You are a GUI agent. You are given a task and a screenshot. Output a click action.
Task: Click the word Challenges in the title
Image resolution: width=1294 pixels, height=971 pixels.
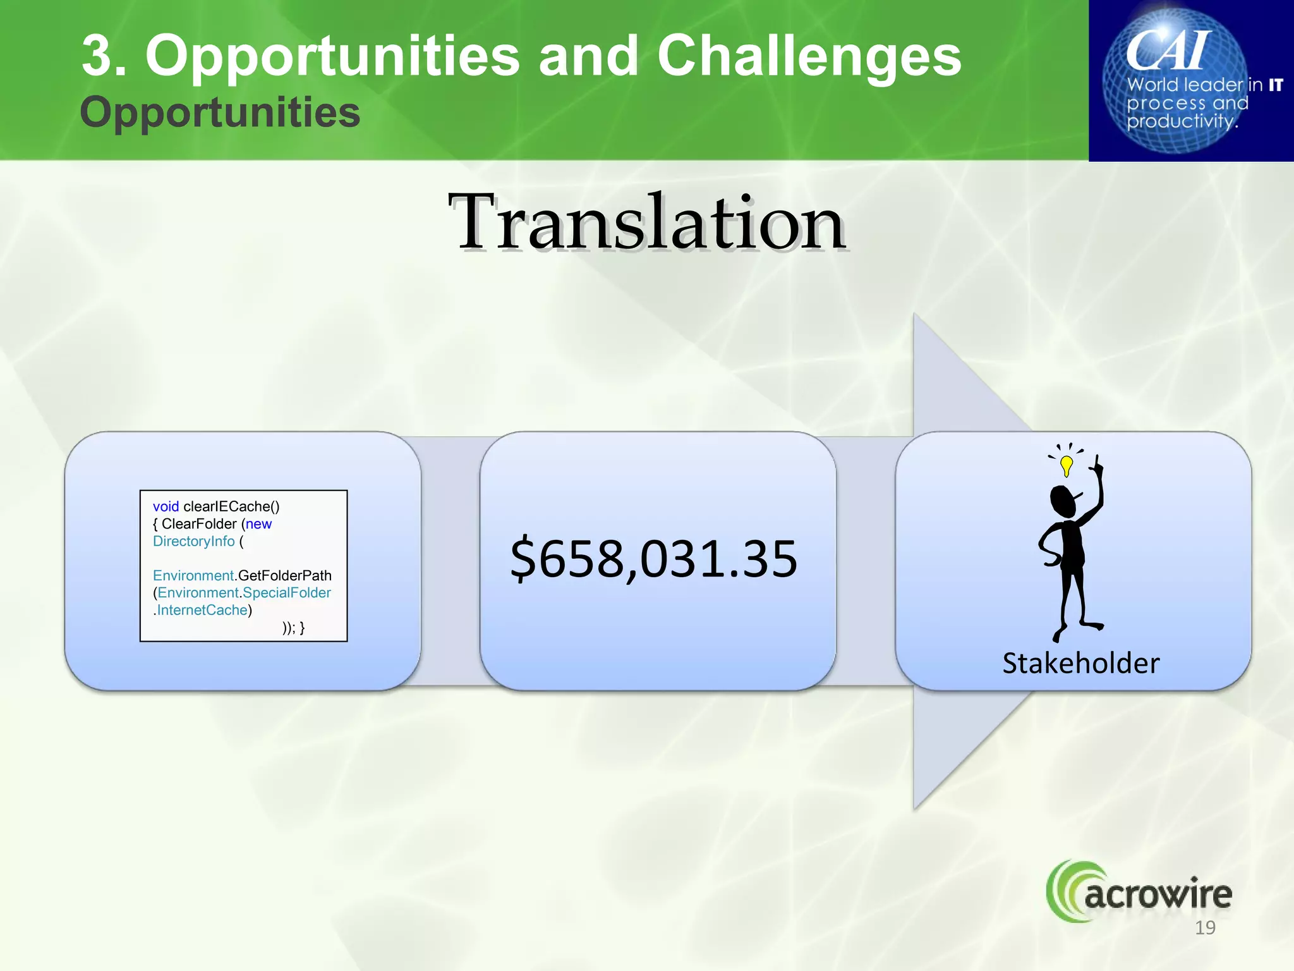tap(809, 57)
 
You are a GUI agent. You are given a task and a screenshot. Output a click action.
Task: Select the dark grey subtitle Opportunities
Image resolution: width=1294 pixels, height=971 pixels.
tap(220, 113)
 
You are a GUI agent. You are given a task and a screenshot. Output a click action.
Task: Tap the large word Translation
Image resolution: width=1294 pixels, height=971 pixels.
tap(647, 223)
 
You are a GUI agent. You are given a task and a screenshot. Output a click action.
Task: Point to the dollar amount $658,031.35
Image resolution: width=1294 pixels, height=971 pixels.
tap(654, 559)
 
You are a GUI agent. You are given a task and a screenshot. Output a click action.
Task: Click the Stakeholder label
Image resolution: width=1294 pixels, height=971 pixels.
tap(1080, 663)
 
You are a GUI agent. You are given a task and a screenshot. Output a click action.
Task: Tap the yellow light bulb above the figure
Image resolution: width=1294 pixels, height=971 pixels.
tap(1067, 465)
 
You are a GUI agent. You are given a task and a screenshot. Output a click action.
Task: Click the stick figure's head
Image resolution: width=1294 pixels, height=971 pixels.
tap(1063, 501)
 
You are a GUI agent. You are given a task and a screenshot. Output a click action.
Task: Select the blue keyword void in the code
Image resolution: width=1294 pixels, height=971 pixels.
tap(166, 506)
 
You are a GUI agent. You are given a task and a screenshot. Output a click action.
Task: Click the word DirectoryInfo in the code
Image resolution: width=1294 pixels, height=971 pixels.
tap(193, 541)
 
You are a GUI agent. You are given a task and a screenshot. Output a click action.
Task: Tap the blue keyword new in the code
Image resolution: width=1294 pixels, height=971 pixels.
tap(258, 524)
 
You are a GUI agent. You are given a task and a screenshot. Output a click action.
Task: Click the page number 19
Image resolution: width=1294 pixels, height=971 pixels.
tap(1205, 927)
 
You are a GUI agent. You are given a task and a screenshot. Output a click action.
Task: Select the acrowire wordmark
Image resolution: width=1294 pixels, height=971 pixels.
tap(1158, 895)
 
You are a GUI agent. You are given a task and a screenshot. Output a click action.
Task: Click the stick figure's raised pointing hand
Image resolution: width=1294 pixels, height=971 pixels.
tap(1097, 467)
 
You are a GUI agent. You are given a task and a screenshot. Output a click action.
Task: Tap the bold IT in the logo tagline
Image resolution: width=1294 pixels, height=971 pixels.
tap(1276, 85)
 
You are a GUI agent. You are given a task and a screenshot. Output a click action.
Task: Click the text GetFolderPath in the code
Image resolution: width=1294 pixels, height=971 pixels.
tap(284, 575)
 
